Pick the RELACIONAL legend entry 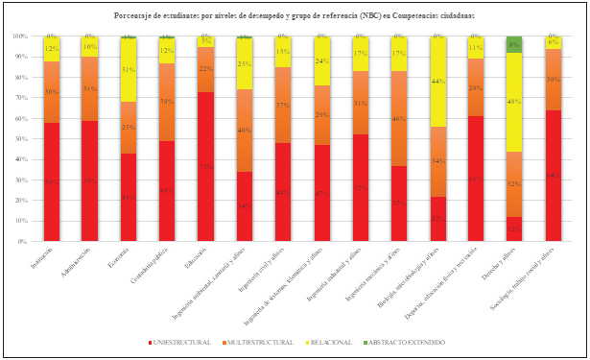click(332, 342)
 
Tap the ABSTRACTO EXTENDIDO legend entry click(410, 342)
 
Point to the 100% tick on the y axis click(20, 36)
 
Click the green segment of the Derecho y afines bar click(514, 44)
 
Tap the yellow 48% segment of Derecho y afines click(514, 102)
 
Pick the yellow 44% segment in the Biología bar click(437, 82)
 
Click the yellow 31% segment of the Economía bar click(129, 70)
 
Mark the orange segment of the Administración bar click(90, 88)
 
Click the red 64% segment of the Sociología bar click(554, 176)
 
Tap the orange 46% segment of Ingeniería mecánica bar click(399, 118)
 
